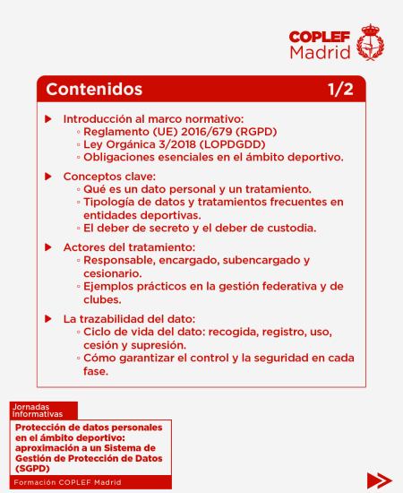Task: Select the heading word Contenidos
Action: point(94,90)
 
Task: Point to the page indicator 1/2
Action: point(340,90)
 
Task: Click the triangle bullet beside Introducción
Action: point(48,119)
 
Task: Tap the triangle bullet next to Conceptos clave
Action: point(48,177)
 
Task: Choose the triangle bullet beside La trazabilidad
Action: point(48,319)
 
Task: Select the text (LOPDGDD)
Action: point(234,144)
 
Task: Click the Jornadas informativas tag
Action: point(38,411)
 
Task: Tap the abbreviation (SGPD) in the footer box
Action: point(33,469)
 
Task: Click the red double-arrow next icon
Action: point(379,480)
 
